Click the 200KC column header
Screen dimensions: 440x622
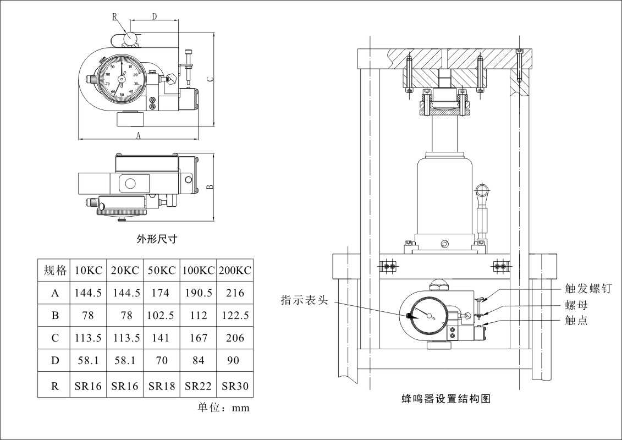[x=235, y=271]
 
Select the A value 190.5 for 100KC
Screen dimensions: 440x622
[x=199, y=293]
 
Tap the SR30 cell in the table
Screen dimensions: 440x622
[x=235, y=386]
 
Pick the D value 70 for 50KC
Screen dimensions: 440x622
[x=161, y=361]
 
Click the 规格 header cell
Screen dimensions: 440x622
[x=55, y=271]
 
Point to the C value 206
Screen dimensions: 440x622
[x=235, y=338]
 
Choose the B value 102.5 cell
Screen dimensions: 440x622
[x=161, y=316]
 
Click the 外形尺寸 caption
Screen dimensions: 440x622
[x=157, y=239]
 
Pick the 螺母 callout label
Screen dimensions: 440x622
[x=576, y=305]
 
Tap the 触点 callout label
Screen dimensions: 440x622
[x=576, y=320]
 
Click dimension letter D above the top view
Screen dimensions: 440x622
[x=155, y=17]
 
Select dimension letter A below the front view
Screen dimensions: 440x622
[x=139, y=135]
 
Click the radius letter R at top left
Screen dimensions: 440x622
[x=114, y=17]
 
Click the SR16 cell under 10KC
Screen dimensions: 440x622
[x=88, y=386]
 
